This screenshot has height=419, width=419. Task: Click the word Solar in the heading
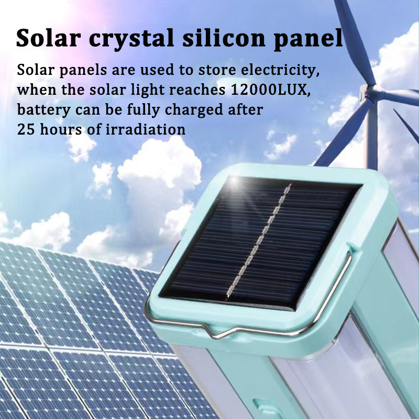coord(48,38)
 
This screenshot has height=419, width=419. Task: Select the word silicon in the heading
coord(224,38)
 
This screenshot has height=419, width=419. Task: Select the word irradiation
coord(146,129)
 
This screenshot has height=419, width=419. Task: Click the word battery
coord(44,110)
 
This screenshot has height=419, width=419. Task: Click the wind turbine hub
coord(369,91)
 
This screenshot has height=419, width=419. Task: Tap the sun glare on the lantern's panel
coord(235,182)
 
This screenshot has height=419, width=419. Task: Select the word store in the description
coord(217,71)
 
